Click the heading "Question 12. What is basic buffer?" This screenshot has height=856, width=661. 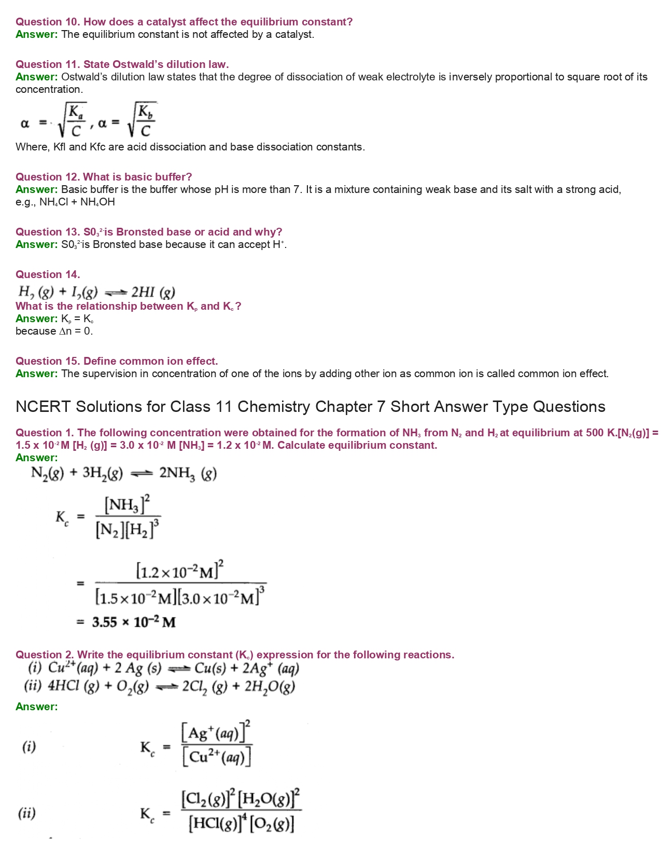[104, 177]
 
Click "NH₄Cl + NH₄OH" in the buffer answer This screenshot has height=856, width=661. [77, 202]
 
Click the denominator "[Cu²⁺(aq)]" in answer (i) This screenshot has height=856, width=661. [217, 758]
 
